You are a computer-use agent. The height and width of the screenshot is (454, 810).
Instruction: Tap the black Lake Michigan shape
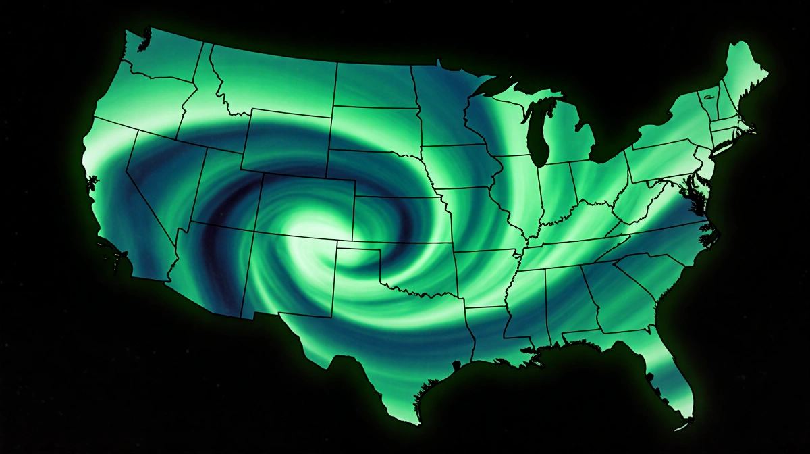[x=538, y=132]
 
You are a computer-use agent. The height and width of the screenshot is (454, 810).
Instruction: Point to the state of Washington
[x=159, y=57]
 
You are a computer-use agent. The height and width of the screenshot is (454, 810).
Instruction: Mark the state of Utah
[x=230, y=186]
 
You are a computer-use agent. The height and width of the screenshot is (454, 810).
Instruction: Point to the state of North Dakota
[x=375, y=84]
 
